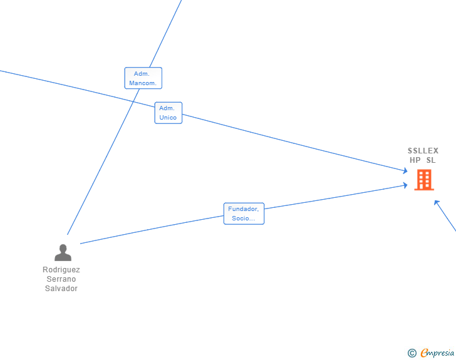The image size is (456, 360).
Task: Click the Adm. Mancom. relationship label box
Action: pos(143,78)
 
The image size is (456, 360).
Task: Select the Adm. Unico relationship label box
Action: pos(168,113)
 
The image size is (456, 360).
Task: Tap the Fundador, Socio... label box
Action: pos(244,213)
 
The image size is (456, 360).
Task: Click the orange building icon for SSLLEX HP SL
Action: pos(424,180)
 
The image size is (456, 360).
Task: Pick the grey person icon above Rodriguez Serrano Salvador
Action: pos(63,252)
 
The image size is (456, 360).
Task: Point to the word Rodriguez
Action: pos(61,270)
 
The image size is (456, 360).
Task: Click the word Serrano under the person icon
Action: pos(61,279)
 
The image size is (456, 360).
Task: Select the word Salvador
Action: pos(61,289)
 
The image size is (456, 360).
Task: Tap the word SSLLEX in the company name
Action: pos(423,151)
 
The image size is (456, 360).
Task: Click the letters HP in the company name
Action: pos(415,160)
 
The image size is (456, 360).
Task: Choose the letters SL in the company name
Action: pos(430,160)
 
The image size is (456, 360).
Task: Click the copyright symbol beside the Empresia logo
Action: pos(412,353)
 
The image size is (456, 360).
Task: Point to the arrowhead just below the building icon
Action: pos(437,202)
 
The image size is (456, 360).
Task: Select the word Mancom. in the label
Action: pos(143,83)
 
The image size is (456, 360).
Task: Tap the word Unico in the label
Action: pos(168,118)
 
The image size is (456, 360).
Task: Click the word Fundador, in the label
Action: pos(243,209)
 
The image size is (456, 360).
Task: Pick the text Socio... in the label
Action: pos(243,219)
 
